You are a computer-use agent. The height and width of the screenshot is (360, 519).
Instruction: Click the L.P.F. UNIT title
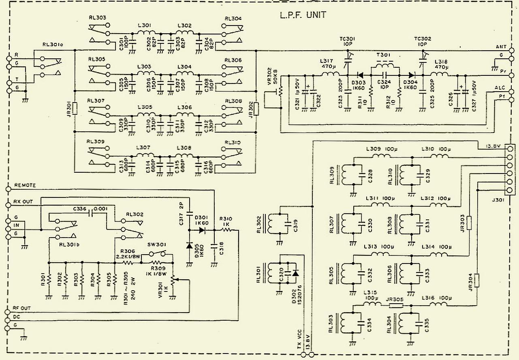tap(303, 15)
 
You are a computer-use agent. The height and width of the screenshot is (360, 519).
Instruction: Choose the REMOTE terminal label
tap(25, 185)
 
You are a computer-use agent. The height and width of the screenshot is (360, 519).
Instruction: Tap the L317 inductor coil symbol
tap(331, 75)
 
